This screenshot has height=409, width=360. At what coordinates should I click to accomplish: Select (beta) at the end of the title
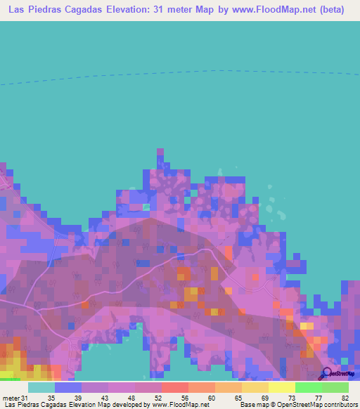pos(330,10)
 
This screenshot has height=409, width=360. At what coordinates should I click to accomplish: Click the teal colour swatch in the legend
pos(41,387)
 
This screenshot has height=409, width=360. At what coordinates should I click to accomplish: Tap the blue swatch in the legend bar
pos(68,387)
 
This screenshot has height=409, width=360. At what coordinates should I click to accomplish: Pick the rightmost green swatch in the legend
pos(335,387)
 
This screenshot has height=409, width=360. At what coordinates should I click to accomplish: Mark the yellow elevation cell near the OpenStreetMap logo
pos(307,326)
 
